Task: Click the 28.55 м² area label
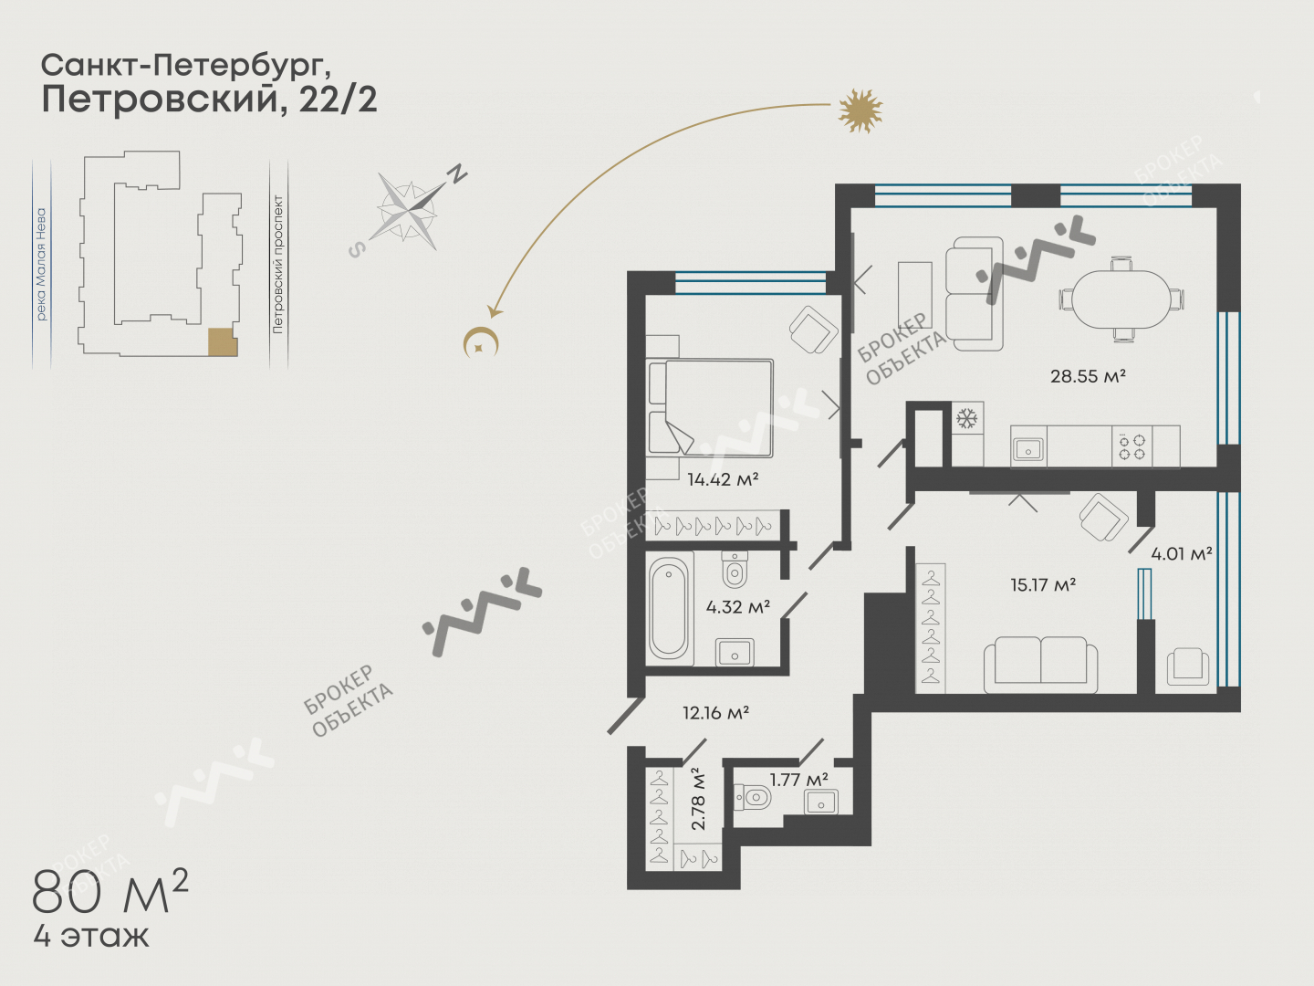[1088, 376]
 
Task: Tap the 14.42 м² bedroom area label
[723, 479]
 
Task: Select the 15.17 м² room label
[1043, 584]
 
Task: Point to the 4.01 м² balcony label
[1181, 554]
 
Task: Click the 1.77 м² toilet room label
[798, 780]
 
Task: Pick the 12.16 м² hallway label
[716, 712]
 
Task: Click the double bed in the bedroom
[710, 408]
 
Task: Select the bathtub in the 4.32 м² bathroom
[669, 608]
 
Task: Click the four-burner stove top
[1132, 446]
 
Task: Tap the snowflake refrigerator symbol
[966, 418]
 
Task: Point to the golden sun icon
[860, 110]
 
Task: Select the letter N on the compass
[458, 173]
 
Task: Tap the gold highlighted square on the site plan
[223, 342]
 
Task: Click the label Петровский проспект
[277, 264]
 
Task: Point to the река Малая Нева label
[41, 264]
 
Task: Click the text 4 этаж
[91, 937]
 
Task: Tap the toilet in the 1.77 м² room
[753, 797]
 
